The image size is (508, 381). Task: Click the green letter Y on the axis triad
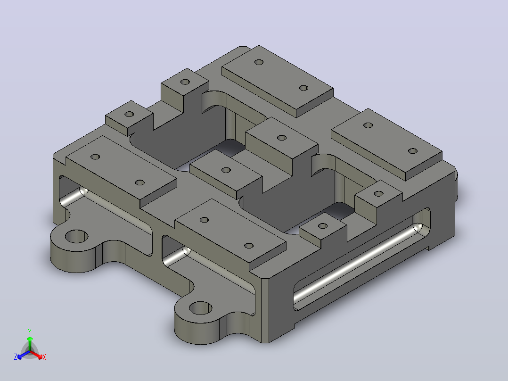click(30, 331)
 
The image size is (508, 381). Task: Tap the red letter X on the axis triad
click(44, 357)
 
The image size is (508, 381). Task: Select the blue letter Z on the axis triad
click(16, 357)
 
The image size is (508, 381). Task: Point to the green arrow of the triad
click(30, 343)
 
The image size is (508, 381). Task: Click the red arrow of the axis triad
click(36, 355)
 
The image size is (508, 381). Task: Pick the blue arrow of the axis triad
click(24, 355)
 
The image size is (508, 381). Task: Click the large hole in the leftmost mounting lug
click(76, 236)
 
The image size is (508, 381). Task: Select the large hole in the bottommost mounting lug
click(200, 308)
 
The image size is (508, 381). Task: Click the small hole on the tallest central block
click(282, 138)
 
